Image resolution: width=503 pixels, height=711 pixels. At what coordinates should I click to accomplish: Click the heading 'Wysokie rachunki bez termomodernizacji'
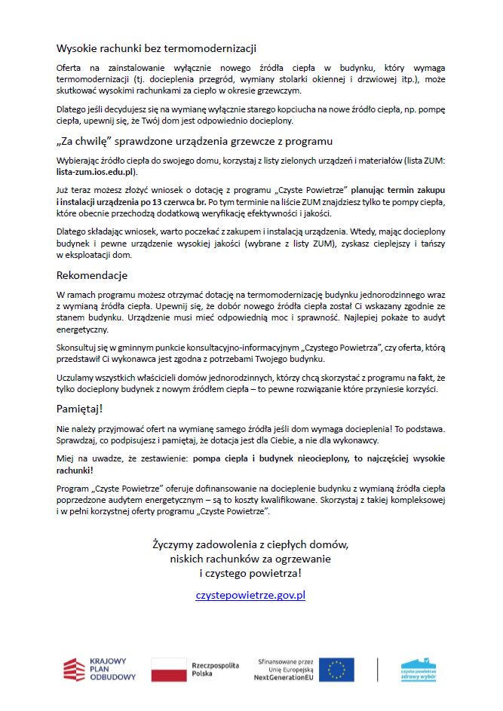[x=157, y=48]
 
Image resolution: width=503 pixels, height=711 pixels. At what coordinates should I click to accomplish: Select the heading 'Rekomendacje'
[x=92, y=275]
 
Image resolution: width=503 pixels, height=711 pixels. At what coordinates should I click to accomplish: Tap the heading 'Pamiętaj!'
[x=79, y=408]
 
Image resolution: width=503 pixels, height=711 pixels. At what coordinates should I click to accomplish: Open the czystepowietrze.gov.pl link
[x=250, y=595]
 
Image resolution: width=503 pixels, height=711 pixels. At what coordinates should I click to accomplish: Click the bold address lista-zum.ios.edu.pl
[x=97, y=173]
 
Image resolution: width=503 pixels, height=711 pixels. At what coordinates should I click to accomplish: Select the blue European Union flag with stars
[x=336, y=670]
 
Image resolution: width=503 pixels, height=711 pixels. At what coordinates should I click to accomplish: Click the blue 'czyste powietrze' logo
[x=419, y=670]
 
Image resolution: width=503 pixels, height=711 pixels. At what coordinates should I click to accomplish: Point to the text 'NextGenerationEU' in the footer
[x=287, y=678]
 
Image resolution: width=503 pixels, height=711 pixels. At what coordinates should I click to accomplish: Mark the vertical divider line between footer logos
[x=377, y=670]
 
